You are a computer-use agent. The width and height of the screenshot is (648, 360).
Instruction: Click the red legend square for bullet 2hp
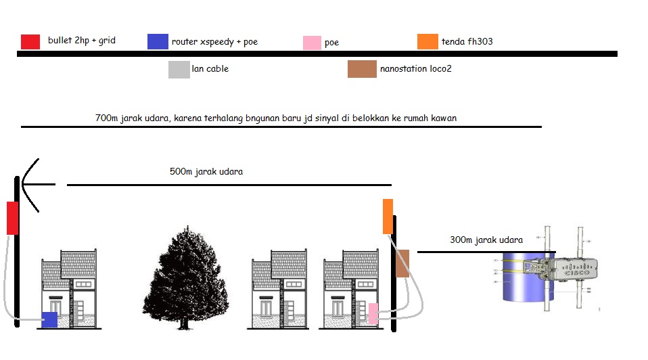point(30,41)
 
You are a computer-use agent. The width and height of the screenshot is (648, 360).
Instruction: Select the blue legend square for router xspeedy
point(157,41)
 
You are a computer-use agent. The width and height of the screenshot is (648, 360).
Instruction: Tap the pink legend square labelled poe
point(311,43)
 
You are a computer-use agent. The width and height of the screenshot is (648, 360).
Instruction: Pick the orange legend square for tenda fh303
point(427,41)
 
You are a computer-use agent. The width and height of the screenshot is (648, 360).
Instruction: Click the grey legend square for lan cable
point(179,69)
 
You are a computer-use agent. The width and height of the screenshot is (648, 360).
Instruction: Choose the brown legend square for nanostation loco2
point(362,69)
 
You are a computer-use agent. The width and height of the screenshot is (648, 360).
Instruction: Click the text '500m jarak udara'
point(206,172)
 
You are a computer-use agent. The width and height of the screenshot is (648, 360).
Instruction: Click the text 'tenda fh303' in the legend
point(467,42)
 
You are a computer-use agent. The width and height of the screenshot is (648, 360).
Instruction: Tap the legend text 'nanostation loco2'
point(416,69)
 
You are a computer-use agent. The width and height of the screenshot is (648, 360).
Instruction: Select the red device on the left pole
point(13,218)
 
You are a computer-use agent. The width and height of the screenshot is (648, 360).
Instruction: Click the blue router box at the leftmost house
point(49,319)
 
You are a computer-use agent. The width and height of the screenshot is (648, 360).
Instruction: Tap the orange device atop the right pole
point(388,216)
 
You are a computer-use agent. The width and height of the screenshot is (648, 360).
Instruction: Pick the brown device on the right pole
point(402,263)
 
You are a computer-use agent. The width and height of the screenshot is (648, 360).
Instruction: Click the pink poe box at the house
point(373,313)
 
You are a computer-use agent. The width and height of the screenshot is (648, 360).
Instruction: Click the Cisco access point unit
point(568,271)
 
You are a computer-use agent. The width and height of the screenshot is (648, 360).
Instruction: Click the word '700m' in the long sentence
point(107,118)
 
